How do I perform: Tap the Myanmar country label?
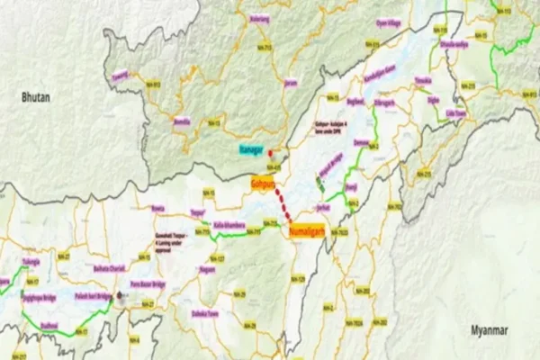pyautogui.click(x=491, y=331)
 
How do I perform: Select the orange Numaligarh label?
pyautogui.click(x=308, y=229)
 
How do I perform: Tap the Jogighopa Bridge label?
pyautogui.click(x=42, y=294)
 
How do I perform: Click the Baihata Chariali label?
pyautogui.click(x=102, y=268)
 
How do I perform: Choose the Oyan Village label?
pyautogui.click(x=388, y=22)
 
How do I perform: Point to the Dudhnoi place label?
pyautogui.click(x=52, y=316)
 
